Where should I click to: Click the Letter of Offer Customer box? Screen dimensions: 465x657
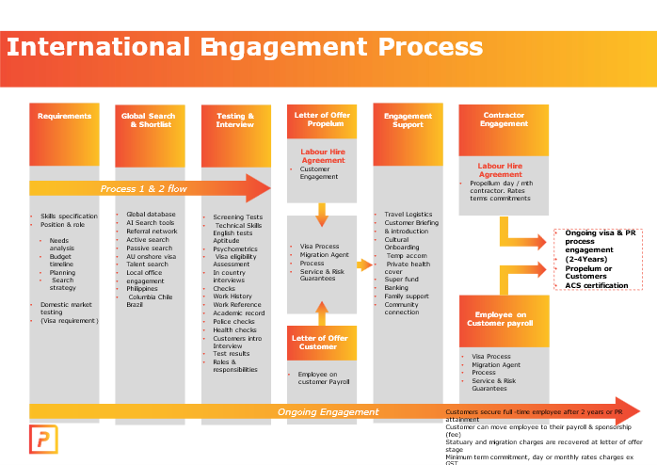pyautogui.click(x=322, y=343)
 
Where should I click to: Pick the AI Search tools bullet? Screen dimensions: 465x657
pyautogui.click(x=151, y=223)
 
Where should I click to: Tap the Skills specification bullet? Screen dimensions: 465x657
pyautogui.click(x=69, y=216)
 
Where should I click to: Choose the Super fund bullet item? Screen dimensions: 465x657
pyautogui.click(x=402, y=280)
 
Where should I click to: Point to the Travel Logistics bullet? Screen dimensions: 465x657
pyautogui.click(x=409, y=215)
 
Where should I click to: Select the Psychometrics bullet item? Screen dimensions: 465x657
pyautogui.click(x=235, y=249)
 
